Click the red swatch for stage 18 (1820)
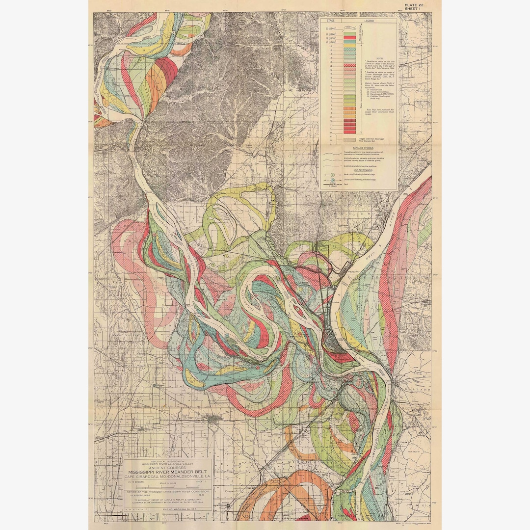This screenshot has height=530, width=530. pos(349,37)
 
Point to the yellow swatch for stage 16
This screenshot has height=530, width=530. pos(349,46)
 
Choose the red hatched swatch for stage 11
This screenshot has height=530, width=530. pos(349,66)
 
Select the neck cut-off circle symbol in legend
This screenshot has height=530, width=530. pos(332,175)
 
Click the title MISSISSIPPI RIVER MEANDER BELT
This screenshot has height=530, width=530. pos(168,473)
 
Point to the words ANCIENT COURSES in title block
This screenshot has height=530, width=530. pos(168,468)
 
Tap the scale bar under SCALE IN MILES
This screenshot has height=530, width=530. pos(168,489)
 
